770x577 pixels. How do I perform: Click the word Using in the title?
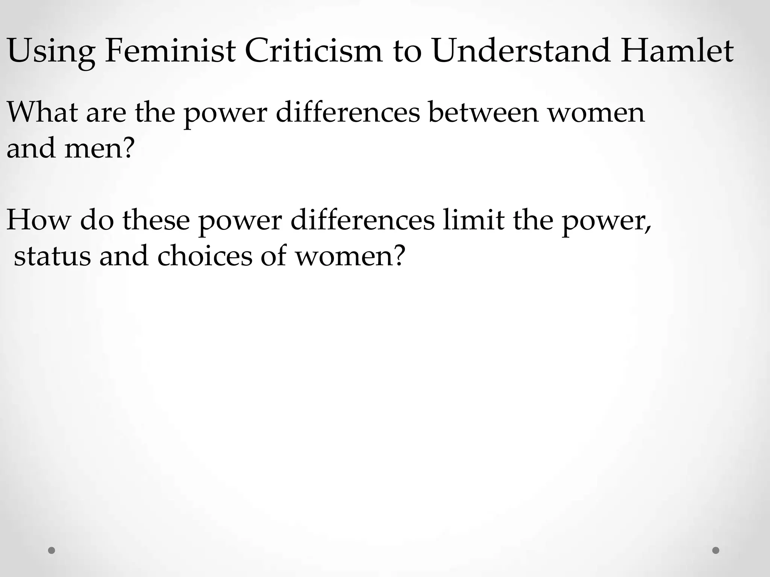pyautogui.click(x=51, y=51)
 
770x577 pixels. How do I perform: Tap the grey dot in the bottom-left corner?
pyautogui.click(x=52, y=550)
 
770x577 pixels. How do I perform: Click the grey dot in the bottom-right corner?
pyautogui.click(x=716, y=550)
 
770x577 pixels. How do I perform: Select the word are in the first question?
pyautogui.click(x=106, y=113)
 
